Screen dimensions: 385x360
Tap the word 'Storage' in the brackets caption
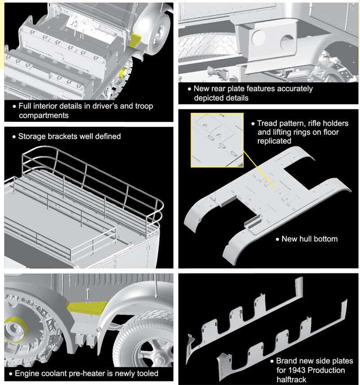click(x=33, y=136)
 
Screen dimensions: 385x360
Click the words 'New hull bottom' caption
click(x=309, y=238)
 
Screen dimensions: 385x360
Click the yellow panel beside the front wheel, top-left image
click(x=135, y=40)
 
